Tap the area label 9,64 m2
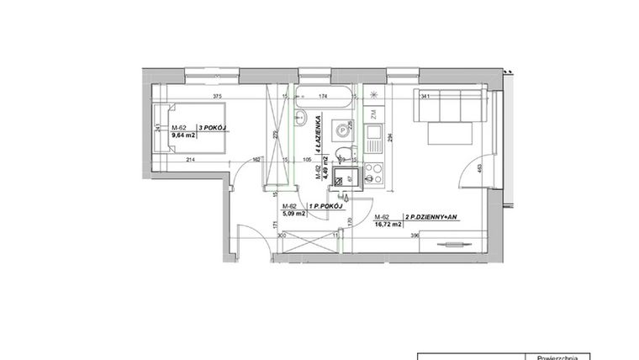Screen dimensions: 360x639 tap(183, 135)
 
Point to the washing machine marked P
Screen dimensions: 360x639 tap(343, 130)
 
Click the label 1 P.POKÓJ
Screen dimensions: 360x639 tap(325, 206)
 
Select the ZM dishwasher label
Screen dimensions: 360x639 tap(370, 112)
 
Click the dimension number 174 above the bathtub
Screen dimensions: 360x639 tap(324, 97)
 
